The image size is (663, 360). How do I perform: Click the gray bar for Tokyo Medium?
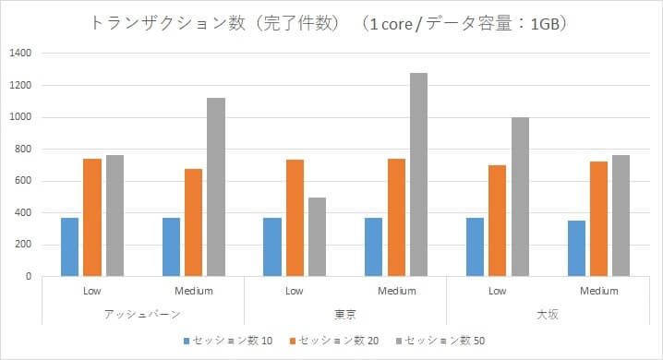pyautogui.click(x=419, y=174)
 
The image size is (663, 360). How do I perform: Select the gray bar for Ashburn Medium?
pyautogui.click(x=216, y=187)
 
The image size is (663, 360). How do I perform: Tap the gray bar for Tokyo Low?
pyautogui.click(x=318, y=236)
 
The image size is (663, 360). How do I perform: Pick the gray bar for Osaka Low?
pyautogui.click(x=521, y=197)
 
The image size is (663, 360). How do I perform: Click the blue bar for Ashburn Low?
pyautogui.click(x=69, y=246)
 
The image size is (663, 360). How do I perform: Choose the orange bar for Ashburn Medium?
pyautogui.click(x=194, y=222)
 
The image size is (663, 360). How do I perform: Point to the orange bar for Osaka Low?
pyautogui.click(x=498, y=221)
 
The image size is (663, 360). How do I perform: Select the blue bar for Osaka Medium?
pyautogui.click(x=576, y=248)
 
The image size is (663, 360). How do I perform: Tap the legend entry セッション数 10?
pyautogui.click(x=226, y=341)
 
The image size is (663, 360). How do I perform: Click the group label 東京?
pyautogui.click(x=345, y=314)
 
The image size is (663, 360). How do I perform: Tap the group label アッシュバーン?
pyautogui.click(x=142, y=314)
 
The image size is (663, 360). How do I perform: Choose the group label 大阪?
pyautogui.click(x=548, y=314)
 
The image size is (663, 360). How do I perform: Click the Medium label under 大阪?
pyautogui.click(x=598, y=291)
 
